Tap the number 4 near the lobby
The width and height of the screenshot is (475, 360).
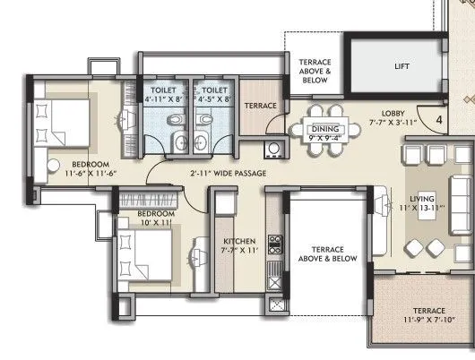[439, 118]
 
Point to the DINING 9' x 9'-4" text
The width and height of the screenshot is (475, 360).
[324, 133]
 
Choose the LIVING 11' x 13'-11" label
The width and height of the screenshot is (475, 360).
[421, 202]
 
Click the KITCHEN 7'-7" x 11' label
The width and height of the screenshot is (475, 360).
[239, 246]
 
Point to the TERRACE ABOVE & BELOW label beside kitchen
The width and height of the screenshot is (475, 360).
[327, 253]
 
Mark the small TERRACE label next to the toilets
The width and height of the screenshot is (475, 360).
[261, 107]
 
